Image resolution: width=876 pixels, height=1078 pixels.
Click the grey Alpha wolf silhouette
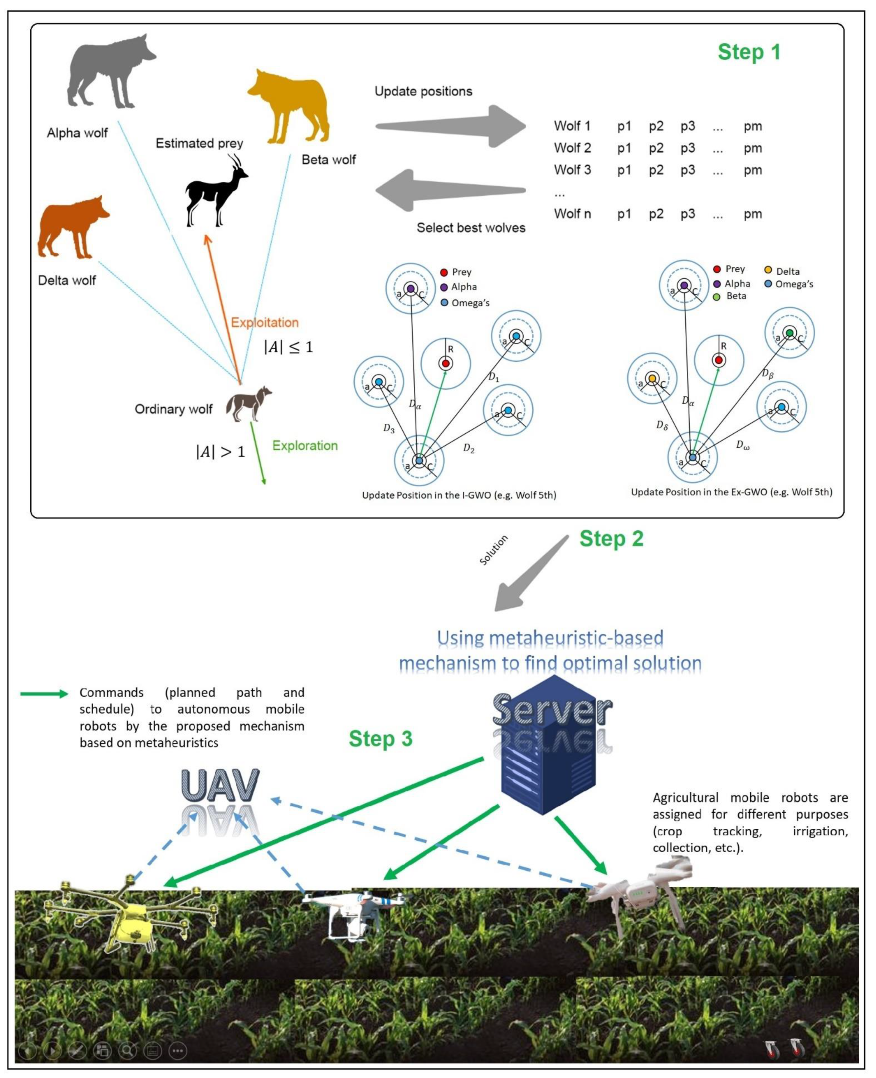coord(109,71)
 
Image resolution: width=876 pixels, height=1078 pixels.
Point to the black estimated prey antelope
coord(214,194)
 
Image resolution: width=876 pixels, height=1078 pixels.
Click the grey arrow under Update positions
coord(452,126)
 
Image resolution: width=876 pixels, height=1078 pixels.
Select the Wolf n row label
coord(572,214)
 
